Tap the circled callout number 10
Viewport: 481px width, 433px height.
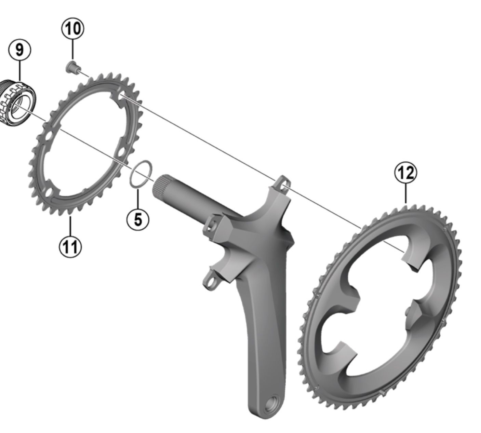[x=73, y=29]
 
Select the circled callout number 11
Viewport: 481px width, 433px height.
[x=70, y=246]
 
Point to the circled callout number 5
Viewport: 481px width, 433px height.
[x=138, y=219]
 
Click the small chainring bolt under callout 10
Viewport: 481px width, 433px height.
[x=73, y=67]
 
